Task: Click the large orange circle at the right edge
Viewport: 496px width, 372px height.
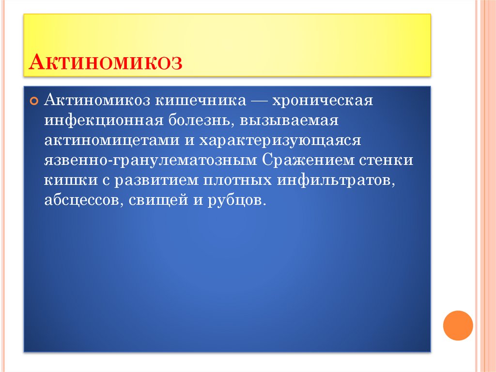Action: pos(458,325)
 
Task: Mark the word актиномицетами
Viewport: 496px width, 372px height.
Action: pos(110,141)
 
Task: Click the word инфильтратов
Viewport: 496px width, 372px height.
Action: pos(334,180)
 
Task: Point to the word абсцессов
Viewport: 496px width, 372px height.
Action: pos(83,200)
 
